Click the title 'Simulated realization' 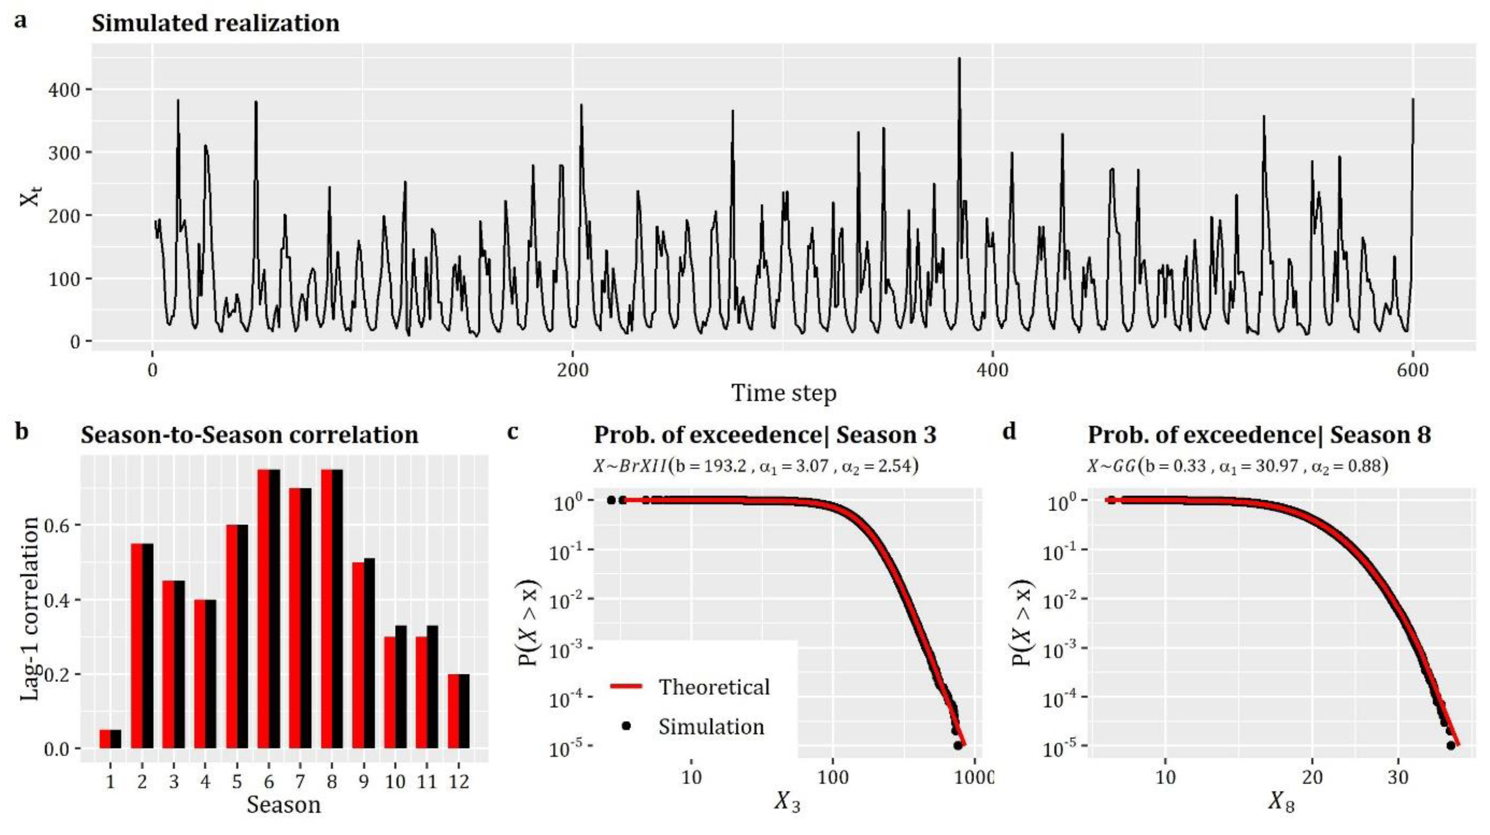point(215,24)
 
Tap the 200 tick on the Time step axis point(572,370)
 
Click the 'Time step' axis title point(784,394)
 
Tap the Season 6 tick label point(268,782)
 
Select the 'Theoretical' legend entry point(714,687)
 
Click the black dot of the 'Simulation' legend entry point(625,726)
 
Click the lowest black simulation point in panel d point(1450,745)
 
